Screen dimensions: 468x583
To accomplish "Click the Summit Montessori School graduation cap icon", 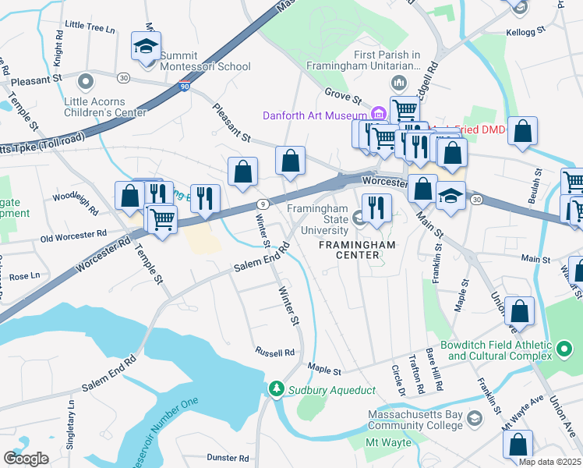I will point(146,46).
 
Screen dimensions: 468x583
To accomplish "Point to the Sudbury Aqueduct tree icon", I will point(275,388).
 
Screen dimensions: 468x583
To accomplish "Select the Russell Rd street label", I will point(272,352).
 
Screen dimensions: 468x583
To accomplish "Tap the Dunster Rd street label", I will point(228,458).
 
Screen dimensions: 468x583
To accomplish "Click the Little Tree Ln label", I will point(90,26).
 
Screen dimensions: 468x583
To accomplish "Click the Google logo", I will point(26,458).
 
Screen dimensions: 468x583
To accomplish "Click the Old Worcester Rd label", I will point(73,234).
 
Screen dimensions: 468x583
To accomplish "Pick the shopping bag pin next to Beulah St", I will point(522,132).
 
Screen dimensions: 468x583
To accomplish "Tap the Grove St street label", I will point(344,99).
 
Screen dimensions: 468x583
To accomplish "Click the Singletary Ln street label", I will point(72,418).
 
